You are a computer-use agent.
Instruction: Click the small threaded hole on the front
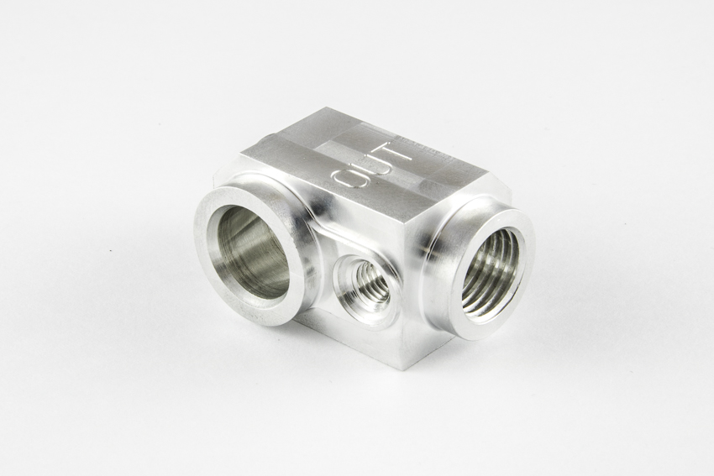click(367, 284)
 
